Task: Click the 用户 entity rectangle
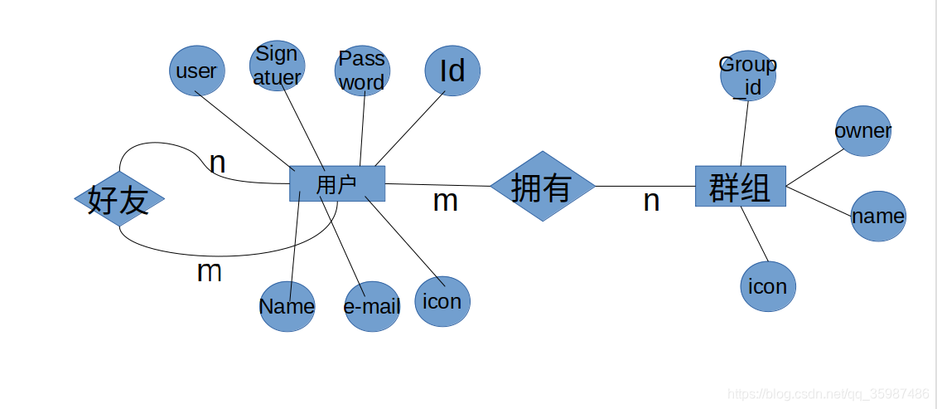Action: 337,183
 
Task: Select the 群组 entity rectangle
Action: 740,186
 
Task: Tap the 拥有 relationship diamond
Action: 543,186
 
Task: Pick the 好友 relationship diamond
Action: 119,199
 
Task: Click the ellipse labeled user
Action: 196,71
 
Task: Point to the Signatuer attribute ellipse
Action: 277,66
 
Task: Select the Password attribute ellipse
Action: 363,71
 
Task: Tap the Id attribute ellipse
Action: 452,71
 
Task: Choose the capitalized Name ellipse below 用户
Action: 287,306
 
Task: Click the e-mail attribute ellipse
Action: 372,306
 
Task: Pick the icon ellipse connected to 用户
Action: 442,300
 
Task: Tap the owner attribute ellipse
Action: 863,131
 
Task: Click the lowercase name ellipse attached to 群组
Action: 878,217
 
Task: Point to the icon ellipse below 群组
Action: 768,286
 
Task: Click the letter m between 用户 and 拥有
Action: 446,201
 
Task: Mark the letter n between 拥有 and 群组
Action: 651,201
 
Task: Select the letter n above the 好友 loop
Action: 217,163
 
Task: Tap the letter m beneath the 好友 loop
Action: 209,271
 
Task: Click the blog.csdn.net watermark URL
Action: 828,393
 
